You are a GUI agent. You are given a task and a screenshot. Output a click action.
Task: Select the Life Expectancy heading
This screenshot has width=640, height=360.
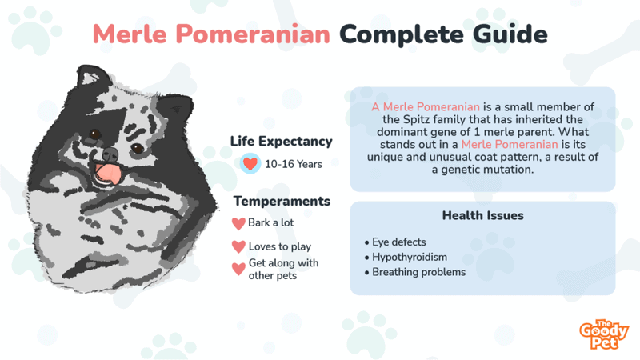[281, 142]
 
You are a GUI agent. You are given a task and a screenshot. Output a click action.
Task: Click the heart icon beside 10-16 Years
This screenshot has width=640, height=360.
[250, 164]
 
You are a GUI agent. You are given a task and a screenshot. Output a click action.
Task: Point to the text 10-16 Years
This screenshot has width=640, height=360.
[293, 164]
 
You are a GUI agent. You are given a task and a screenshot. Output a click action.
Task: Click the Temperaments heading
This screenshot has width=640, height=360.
[281, 202]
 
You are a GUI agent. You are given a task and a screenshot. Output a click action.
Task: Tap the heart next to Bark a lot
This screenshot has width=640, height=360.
[238, 223]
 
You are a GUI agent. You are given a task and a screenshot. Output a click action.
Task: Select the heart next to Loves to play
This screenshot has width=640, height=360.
[238, 247]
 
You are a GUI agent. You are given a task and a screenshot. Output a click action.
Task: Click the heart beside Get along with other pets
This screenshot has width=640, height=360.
[238, 269]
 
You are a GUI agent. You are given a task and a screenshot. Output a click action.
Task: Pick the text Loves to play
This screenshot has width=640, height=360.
[280, 247]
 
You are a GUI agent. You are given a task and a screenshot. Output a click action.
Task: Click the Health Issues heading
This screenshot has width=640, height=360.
[482, 216]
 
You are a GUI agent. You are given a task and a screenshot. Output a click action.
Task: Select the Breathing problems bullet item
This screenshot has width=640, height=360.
[418, 272]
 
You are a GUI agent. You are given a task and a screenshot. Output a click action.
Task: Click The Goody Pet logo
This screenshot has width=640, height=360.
[604, 334]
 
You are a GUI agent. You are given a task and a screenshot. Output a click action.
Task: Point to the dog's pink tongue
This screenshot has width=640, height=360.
[104, 172]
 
